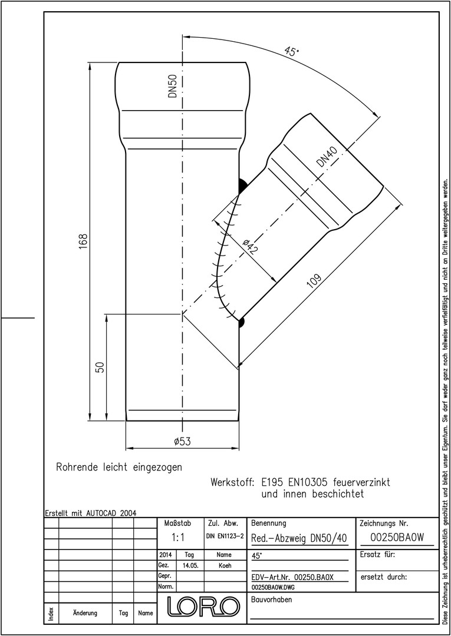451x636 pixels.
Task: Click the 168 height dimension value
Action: coord(83,241)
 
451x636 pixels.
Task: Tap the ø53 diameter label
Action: coord(182,442)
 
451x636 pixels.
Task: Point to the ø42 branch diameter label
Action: coord(249,247)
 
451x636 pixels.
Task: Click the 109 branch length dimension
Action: coord(314,281)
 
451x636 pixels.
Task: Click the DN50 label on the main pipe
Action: coord(173,87)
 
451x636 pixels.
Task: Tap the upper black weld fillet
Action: coord(242,186)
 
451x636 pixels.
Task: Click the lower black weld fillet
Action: coord(241,323)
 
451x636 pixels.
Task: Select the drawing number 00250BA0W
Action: coord(397,538)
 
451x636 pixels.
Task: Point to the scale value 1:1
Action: coord(178,538)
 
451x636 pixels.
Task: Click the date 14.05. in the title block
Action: coord(190,565)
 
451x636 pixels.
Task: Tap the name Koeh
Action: coord(224,565)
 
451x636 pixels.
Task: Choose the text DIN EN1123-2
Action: coord(225,536)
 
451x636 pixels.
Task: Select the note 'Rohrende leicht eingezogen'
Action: coord(119,467)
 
